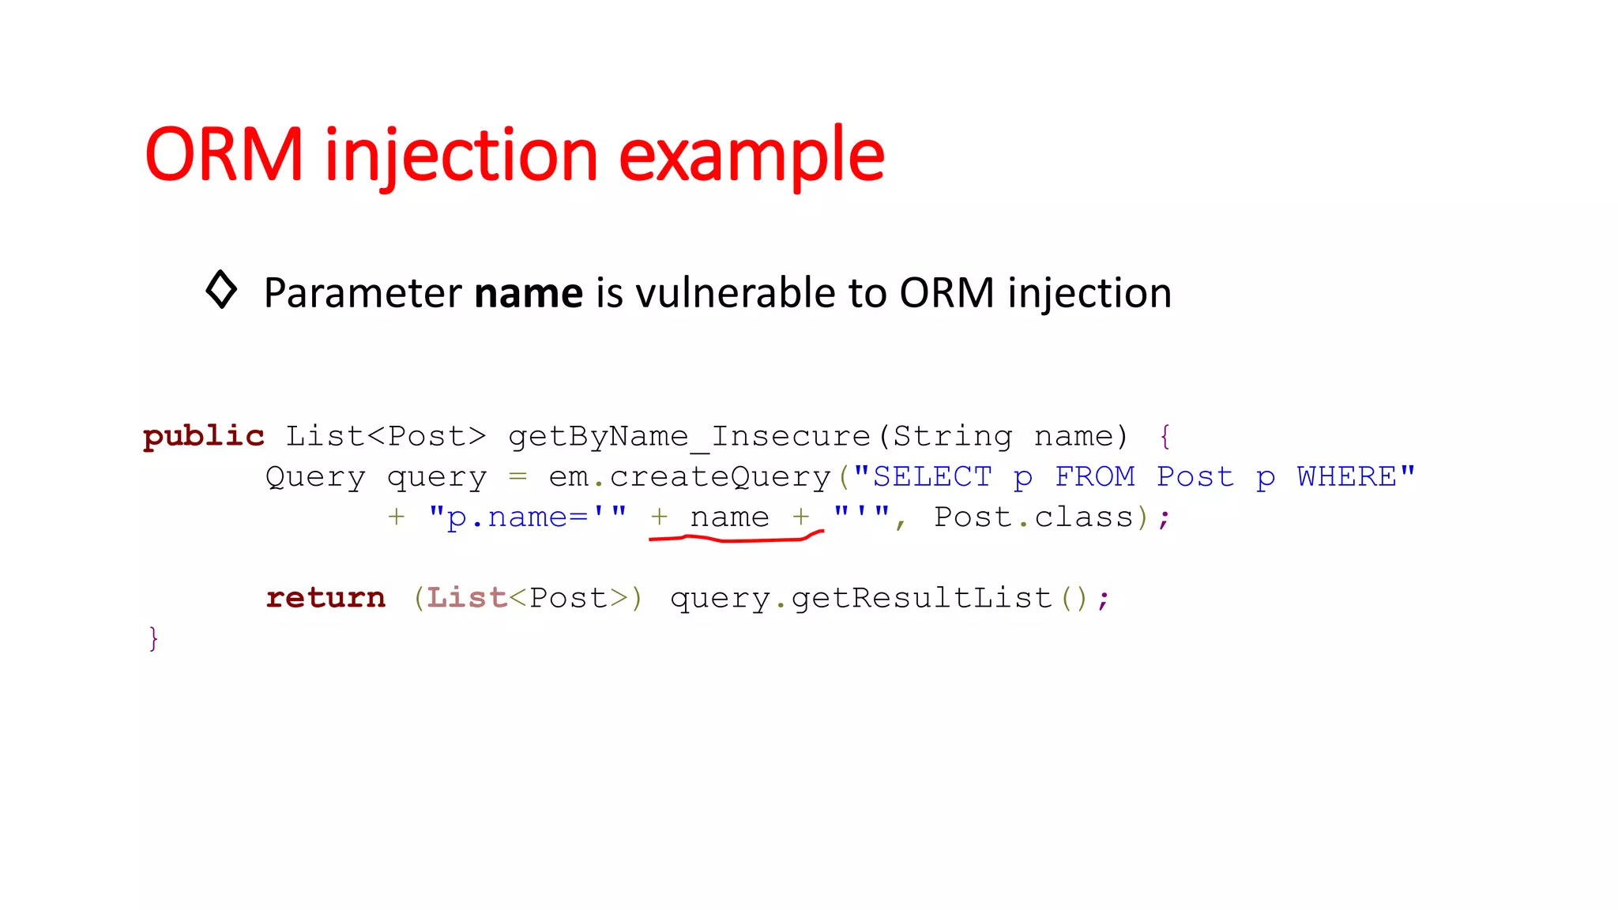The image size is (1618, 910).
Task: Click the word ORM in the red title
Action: coord(224,155)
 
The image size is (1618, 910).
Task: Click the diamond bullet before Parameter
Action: coord(221,289)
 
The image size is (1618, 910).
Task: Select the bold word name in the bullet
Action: coord(528,293)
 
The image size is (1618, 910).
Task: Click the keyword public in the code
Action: coord(203,436)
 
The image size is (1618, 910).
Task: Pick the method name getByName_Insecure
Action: coord(689,436)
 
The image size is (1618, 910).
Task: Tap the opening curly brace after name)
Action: coord(1165,436)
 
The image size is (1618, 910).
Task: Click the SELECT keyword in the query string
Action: coord(931,476)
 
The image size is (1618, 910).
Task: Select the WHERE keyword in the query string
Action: coord(1346,476)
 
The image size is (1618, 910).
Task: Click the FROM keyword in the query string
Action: coord(1094,476)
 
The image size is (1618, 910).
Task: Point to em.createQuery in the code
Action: coord(689,476)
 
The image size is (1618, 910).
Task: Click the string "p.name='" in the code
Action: coord(527,517)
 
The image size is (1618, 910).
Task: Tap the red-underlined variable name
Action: coord(729,517)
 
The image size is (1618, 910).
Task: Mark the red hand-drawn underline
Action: coord(735,540)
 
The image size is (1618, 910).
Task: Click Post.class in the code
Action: coord(1033,517)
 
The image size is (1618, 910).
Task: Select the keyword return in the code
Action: coord(325,598)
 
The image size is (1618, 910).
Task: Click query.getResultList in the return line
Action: coord(861,598)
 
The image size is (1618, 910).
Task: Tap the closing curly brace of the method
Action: coord(153,638)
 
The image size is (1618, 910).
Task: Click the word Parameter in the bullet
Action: coord(363,293)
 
